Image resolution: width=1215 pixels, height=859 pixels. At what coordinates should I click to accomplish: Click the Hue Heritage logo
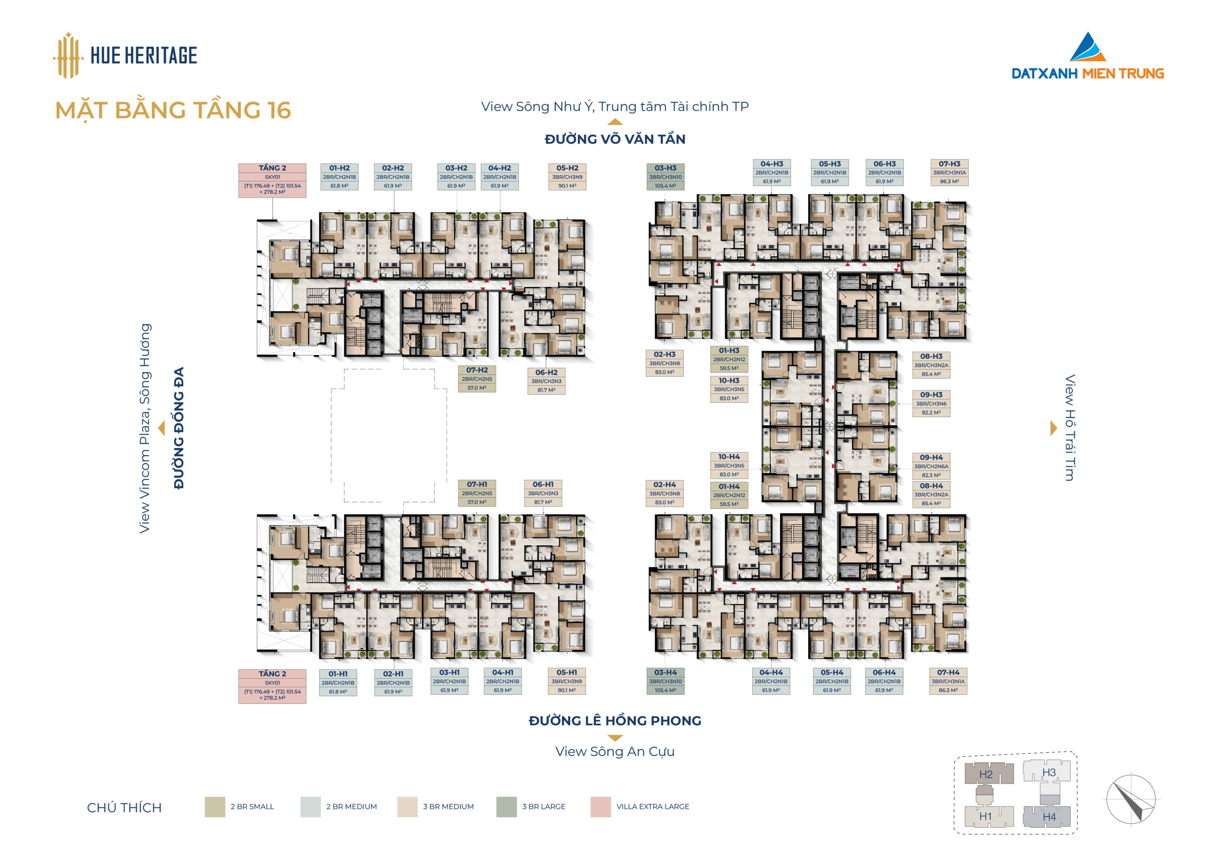(125, 55)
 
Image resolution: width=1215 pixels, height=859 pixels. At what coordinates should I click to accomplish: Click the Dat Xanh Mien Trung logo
(1087, 56)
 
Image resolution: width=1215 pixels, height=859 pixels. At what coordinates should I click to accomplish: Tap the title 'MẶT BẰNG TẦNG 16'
(173, 111)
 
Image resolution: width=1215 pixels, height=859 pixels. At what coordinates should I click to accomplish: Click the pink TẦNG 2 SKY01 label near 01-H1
(272, 686)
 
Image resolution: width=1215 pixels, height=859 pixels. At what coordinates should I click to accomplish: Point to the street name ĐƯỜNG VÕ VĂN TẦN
(615, 139)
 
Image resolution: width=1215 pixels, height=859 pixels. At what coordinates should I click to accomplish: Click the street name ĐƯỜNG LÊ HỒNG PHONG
(615, 721)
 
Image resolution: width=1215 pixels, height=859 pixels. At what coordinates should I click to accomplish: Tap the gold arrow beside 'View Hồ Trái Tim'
(1053, 428)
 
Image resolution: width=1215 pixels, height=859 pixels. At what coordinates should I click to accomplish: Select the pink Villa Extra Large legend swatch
(601, 807)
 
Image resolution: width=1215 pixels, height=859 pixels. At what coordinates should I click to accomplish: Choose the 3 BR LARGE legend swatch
(506, 807)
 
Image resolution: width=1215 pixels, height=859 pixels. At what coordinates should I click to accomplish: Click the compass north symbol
(1131, 799)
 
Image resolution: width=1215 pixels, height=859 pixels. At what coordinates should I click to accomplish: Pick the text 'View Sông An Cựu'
(615, 752)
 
